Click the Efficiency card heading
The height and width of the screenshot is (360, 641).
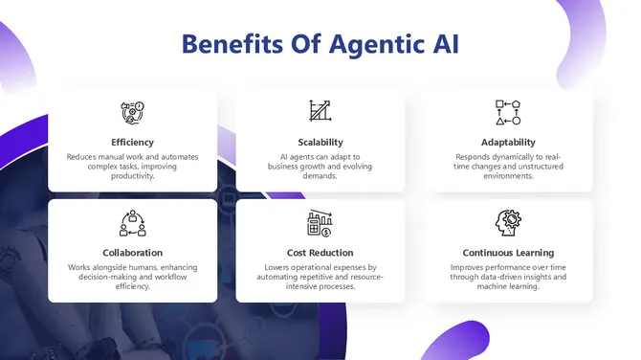point(132,143)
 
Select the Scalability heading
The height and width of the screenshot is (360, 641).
point(320,143)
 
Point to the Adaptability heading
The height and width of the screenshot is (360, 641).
point(508,143)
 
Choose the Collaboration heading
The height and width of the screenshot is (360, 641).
point(132,252)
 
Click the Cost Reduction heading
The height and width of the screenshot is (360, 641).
point(320,252)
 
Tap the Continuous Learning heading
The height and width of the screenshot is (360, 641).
point(508,252)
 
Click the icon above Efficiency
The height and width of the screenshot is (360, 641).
point(132,112)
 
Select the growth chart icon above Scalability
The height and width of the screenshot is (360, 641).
point(320,111)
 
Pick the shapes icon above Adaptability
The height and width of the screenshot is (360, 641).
point(508,112)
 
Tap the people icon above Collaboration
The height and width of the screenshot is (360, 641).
point(132,223)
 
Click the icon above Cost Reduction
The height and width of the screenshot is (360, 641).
point(320,223)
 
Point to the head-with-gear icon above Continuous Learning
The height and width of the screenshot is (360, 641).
point(508,223)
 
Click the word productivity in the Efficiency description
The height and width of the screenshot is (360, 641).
point(132,176)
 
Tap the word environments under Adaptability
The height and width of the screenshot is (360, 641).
point(508,176)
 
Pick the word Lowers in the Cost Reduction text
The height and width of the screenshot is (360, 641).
point(277,267)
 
